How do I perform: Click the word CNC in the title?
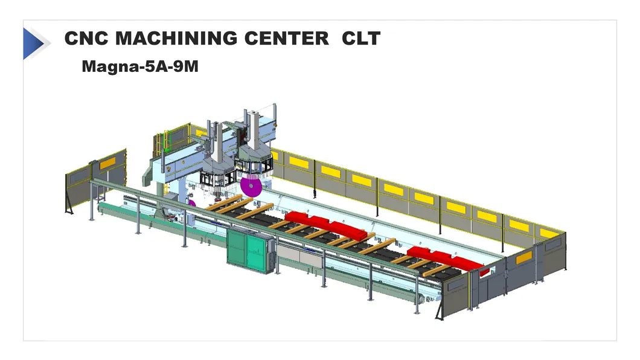86,39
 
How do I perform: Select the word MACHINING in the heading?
176,39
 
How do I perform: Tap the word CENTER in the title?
287,39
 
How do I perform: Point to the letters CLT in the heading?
361,39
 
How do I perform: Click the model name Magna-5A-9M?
140,66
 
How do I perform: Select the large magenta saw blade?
251,187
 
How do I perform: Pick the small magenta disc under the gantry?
191,203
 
